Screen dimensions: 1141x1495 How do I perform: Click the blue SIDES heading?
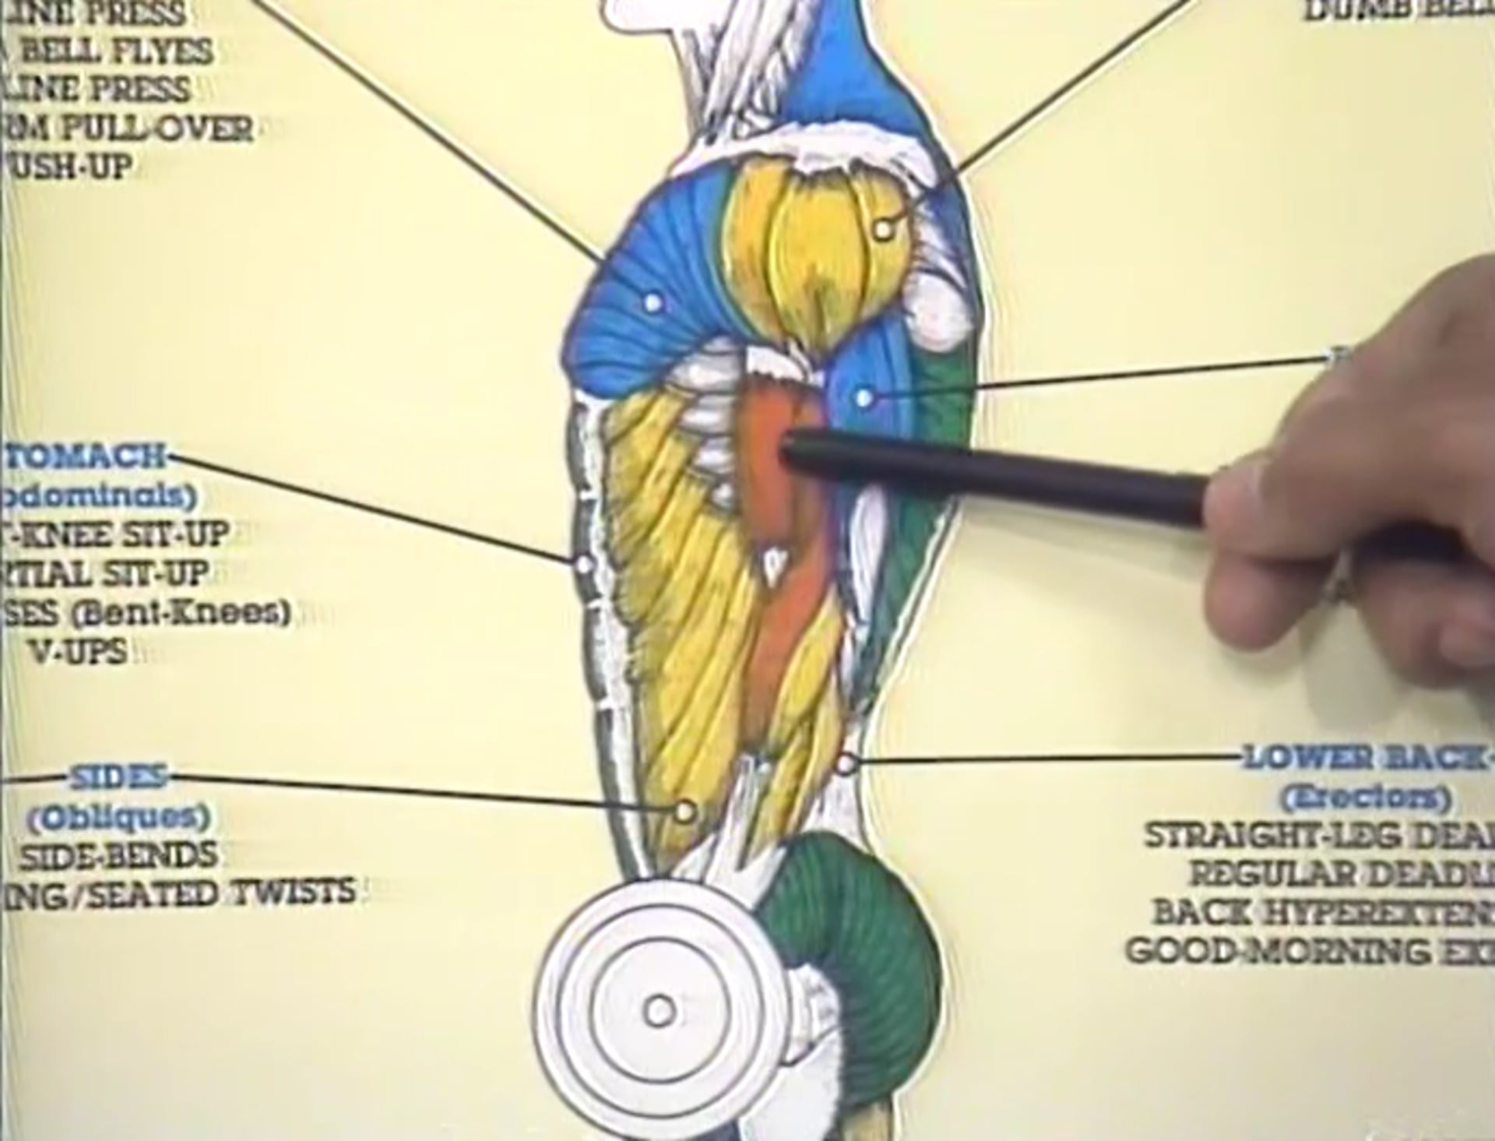118,777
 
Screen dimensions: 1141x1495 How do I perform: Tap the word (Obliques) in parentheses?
119,816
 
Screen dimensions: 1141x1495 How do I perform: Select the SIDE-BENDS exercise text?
118,856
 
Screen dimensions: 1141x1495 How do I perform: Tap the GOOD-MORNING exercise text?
1308,951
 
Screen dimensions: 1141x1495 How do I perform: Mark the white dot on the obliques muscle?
684,812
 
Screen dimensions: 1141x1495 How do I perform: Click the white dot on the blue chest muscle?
653,301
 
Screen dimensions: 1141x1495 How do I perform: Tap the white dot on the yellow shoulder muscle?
882,229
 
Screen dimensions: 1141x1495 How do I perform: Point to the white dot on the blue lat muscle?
864,398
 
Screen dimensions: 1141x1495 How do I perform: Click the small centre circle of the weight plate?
660,1012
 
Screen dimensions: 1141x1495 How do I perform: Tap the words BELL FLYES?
117,51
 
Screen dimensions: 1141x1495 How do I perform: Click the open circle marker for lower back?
846,763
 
